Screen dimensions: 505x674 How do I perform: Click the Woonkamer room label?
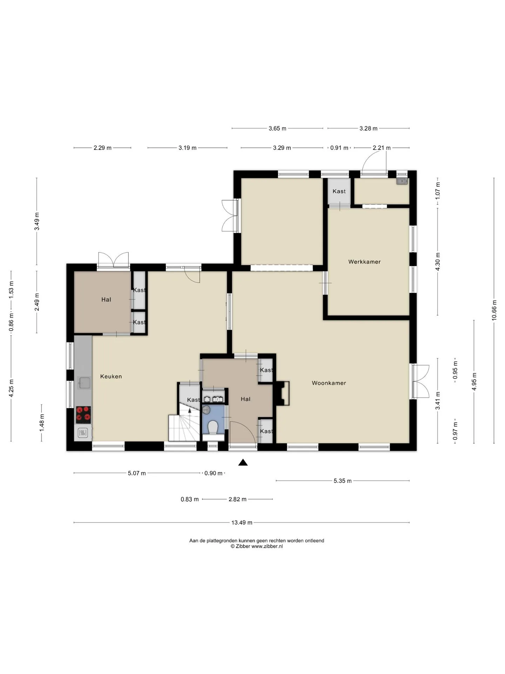pos(329,383)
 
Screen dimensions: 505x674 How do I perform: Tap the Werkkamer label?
pos(364,262)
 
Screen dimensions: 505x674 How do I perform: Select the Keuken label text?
pos(111,376)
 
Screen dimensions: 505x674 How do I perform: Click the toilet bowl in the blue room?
pos(213,428)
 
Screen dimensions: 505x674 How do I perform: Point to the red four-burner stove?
pos(83,415)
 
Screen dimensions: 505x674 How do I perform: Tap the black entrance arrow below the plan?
pos(243,462)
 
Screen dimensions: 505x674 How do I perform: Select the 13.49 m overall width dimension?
pos(242,523)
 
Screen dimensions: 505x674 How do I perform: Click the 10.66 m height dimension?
pos(494,310)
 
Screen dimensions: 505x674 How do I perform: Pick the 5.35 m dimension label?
pos(342,481)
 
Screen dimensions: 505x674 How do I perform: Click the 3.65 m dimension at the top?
pos(277,128)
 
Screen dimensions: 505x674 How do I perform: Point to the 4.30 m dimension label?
pos(437,262)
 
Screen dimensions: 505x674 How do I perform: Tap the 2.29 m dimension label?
pos(102,148)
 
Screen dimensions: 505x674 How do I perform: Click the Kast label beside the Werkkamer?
pos(339,191)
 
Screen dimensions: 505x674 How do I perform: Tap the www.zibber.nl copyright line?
pos(257,546)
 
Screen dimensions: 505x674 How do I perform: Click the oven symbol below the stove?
pos(83,433)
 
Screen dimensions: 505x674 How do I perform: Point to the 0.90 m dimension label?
pos(214,473)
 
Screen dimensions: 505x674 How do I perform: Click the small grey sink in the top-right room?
pos(402,181)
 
